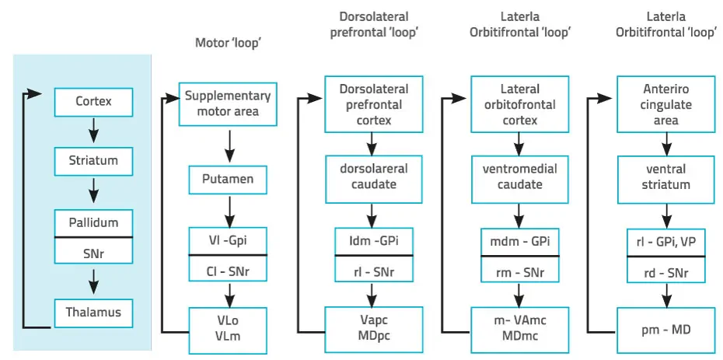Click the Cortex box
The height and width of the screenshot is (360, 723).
click(x=93, y=101)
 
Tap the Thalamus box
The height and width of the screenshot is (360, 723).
click(x=93, y=313)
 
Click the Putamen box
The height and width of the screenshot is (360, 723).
click(x=229, y=180)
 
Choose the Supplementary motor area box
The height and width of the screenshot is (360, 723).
click(x=228, y=104)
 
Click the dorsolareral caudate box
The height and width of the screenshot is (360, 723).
click(x=373, y=177)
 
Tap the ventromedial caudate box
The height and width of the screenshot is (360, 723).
click(x=520, y=177)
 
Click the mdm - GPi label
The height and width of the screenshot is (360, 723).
click(x=520, y=241)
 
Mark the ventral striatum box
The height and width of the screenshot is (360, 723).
click(x=666, y=177)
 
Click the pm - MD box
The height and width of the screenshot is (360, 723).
click(x=666, y=330)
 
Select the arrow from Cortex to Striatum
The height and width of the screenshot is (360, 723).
click(x=94, y=130)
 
